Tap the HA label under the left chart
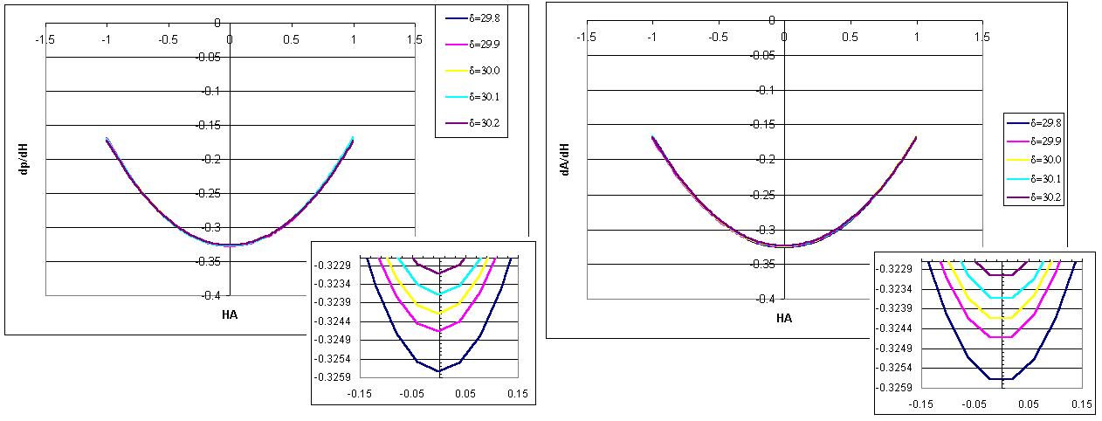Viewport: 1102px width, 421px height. point(229,314)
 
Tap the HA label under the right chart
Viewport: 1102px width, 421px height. point(783,318)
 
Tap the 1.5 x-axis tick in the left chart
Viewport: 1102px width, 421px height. point(414,39)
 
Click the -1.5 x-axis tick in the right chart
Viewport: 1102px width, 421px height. point(586,38)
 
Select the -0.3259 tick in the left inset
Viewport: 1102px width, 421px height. point(335,377)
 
